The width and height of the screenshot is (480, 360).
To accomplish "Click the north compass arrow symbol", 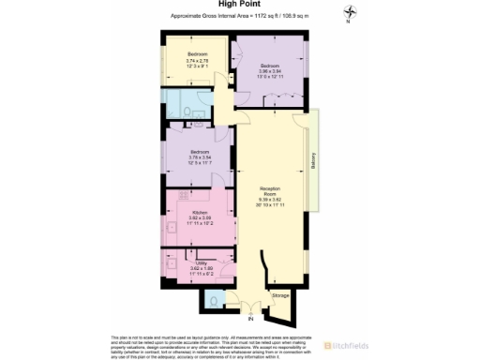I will pos(349,12).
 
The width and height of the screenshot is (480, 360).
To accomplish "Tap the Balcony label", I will pos(313,162).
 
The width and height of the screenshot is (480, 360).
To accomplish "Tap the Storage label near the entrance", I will pos(279,296).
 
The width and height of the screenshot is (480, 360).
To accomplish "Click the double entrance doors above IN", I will pos(247,307).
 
